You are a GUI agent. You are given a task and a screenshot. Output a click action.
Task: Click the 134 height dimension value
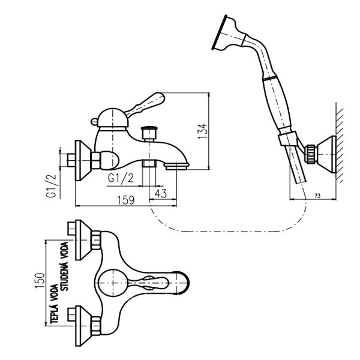(203, 131)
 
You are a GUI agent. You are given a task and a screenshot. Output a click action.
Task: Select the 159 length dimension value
(125, 200)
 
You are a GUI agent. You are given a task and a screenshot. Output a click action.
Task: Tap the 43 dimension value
(160, 193)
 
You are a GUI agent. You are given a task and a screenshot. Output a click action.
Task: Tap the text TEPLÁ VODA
(54, 305)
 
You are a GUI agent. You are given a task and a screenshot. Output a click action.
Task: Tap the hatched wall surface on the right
(340, 144)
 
